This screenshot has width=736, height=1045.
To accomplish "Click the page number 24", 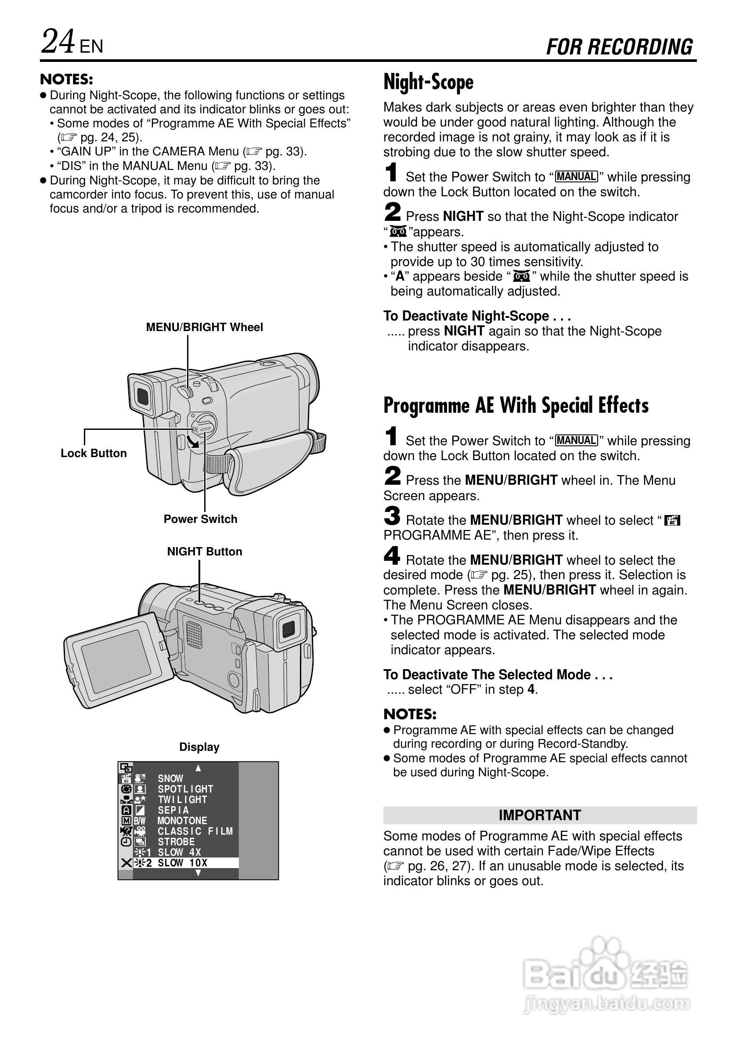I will (58, 42).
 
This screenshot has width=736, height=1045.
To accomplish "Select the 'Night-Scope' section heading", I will (428, 83).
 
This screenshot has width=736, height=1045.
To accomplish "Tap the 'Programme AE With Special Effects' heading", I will (516, 405).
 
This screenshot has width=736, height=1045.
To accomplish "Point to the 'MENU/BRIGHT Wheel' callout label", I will (204, 327).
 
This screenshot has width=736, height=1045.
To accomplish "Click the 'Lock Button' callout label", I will (94, 453).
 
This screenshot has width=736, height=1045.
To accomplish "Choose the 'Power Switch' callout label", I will (200, 519).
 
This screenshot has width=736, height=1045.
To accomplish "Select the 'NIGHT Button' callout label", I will (204, 551).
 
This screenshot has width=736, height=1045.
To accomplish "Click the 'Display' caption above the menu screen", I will (199, 747).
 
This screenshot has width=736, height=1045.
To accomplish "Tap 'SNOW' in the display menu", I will (171, 779).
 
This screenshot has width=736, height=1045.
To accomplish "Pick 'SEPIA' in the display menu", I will (173, 810).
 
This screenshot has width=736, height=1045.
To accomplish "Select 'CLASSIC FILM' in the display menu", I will (195, 831).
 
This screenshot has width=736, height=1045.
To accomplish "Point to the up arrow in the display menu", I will (198, 768).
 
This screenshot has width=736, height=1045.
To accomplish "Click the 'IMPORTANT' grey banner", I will (539, 815).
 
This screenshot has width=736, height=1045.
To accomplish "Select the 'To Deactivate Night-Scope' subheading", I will (476, 316).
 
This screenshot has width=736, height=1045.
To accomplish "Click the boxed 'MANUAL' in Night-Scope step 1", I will (576, 177).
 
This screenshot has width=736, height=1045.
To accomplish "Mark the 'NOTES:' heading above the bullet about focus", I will (66, 79).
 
